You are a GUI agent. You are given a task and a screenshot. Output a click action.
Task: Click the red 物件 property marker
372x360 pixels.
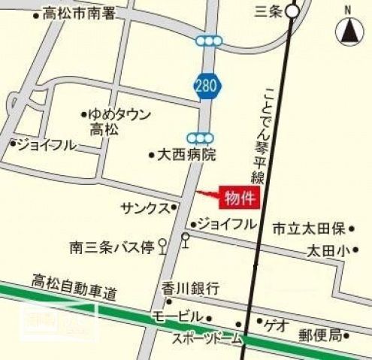(x=236, y=198)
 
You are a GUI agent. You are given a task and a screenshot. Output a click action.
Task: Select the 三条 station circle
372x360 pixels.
(x=292, y=11)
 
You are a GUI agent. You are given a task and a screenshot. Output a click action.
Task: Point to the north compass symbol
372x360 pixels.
(x=348, y=29)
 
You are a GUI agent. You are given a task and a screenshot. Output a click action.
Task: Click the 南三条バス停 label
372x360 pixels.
(x=112, y=246)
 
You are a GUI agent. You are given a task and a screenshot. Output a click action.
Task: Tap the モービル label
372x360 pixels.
(x=177, y=316)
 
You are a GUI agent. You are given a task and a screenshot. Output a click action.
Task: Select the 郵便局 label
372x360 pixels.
(x=319, y=334)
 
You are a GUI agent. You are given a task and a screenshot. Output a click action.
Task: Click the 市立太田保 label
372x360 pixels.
(x=308, y=228)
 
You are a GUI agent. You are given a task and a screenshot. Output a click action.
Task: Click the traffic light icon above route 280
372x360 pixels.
(x=208, y=41)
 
